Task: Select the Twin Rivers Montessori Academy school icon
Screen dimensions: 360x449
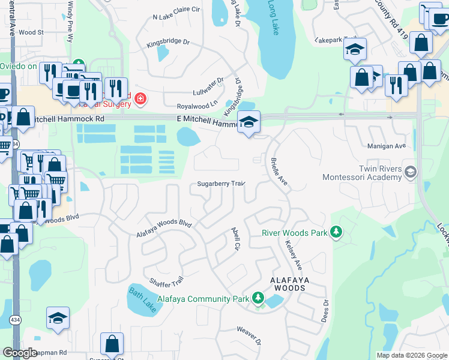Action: point(411,173)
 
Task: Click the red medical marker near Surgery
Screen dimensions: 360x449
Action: point(140,98)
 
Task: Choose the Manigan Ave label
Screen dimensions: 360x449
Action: point(391,146)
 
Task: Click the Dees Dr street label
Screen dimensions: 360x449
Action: point(326,310)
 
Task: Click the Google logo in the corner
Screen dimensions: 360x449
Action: point(20,353)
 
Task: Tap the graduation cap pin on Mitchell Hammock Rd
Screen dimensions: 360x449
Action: point(249,122)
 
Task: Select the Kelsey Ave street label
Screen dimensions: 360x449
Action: point(294,255)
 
